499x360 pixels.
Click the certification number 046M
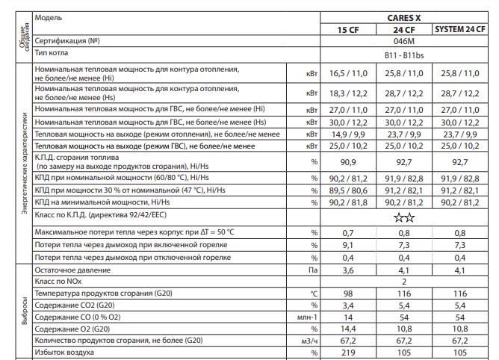tap(405, 42)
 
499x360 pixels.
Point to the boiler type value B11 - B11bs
tap(405, 55)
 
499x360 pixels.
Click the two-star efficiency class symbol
tap(405, 218)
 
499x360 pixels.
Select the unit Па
tap(313, 271)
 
